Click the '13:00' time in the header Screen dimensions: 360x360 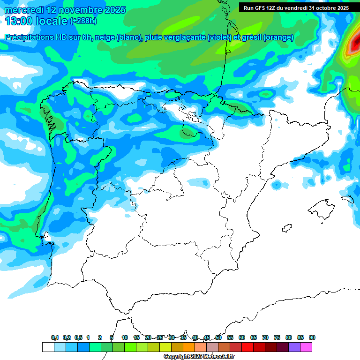[18, 21]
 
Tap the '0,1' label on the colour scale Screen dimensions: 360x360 [55, 338]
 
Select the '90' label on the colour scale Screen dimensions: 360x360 [312, 338]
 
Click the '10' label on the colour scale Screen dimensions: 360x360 [125, 338]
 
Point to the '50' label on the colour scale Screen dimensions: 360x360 [218, 338]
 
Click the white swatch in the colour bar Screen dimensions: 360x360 [48, 347]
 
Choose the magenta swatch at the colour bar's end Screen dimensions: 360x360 [306, 347]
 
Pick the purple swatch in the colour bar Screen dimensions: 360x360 [294, 347]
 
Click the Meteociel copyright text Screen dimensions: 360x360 [199, 357]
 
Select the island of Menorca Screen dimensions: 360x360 [347, 199]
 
